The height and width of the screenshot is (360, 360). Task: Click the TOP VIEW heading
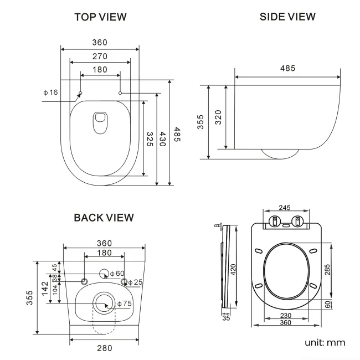(100, 17)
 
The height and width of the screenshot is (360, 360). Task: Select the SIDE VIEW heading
(287, 17)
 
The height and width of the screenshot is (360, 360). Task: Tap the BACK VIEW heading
(104, 218)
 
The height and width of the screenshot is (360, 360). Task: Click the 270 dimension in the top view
(100, 56)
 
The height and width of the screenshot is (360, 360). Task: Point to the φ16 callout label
(50, 92)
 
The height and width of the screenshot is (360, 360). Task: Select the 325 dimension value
(150, 140)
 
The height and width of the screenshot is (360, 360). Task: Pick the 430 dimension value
(163, 139)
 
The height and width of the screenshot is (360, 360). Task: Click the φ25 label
(135, 282)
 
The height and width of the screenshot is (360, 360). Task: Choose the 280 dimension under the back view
(104, 348)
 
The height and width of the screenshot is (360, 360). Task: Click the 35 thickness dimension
(225, 318)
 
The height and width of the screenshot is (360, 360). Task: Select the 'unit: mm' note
(325, 342)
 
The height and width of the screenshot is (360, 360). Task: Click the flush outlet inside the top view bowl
(100, 122)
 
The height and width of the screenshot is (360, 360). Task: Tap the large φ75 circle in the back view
(102, 303)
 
